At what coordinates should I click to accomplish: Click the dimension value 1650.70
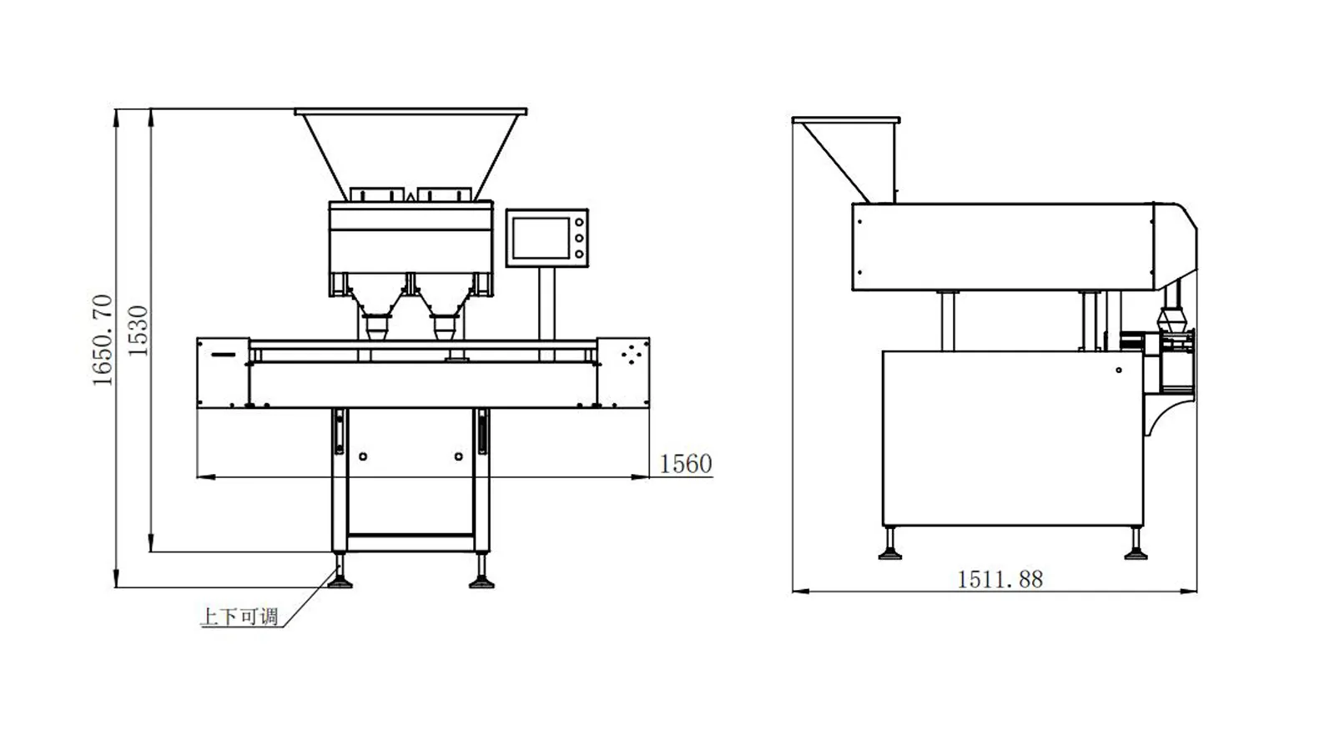coord(102,340)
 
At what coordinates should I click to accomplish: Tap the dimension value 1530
coord(138,330)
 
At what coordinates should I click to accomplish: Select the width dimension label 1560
coord(685,464)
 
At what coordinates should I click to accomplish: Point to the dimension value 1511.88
coord(1000,579)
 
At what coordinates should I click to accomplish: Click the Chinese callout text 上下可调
coord(239,617)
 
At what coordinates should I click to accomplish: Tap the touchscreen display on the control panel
coord(542,238)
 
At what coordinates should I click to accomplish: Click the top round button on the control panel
coord(579,222)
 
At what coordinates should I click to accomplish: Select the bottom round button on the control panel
coord(579,255)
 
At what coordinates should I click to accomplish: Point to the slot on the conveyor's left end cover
coord(224,355)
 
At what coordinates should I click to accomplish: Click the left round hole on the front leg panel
coord(363,456)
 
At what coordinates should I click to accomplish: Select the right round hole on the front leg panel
coord(458,456)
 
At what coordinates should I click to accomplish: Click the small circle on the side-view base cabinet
coord(1119,370)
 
